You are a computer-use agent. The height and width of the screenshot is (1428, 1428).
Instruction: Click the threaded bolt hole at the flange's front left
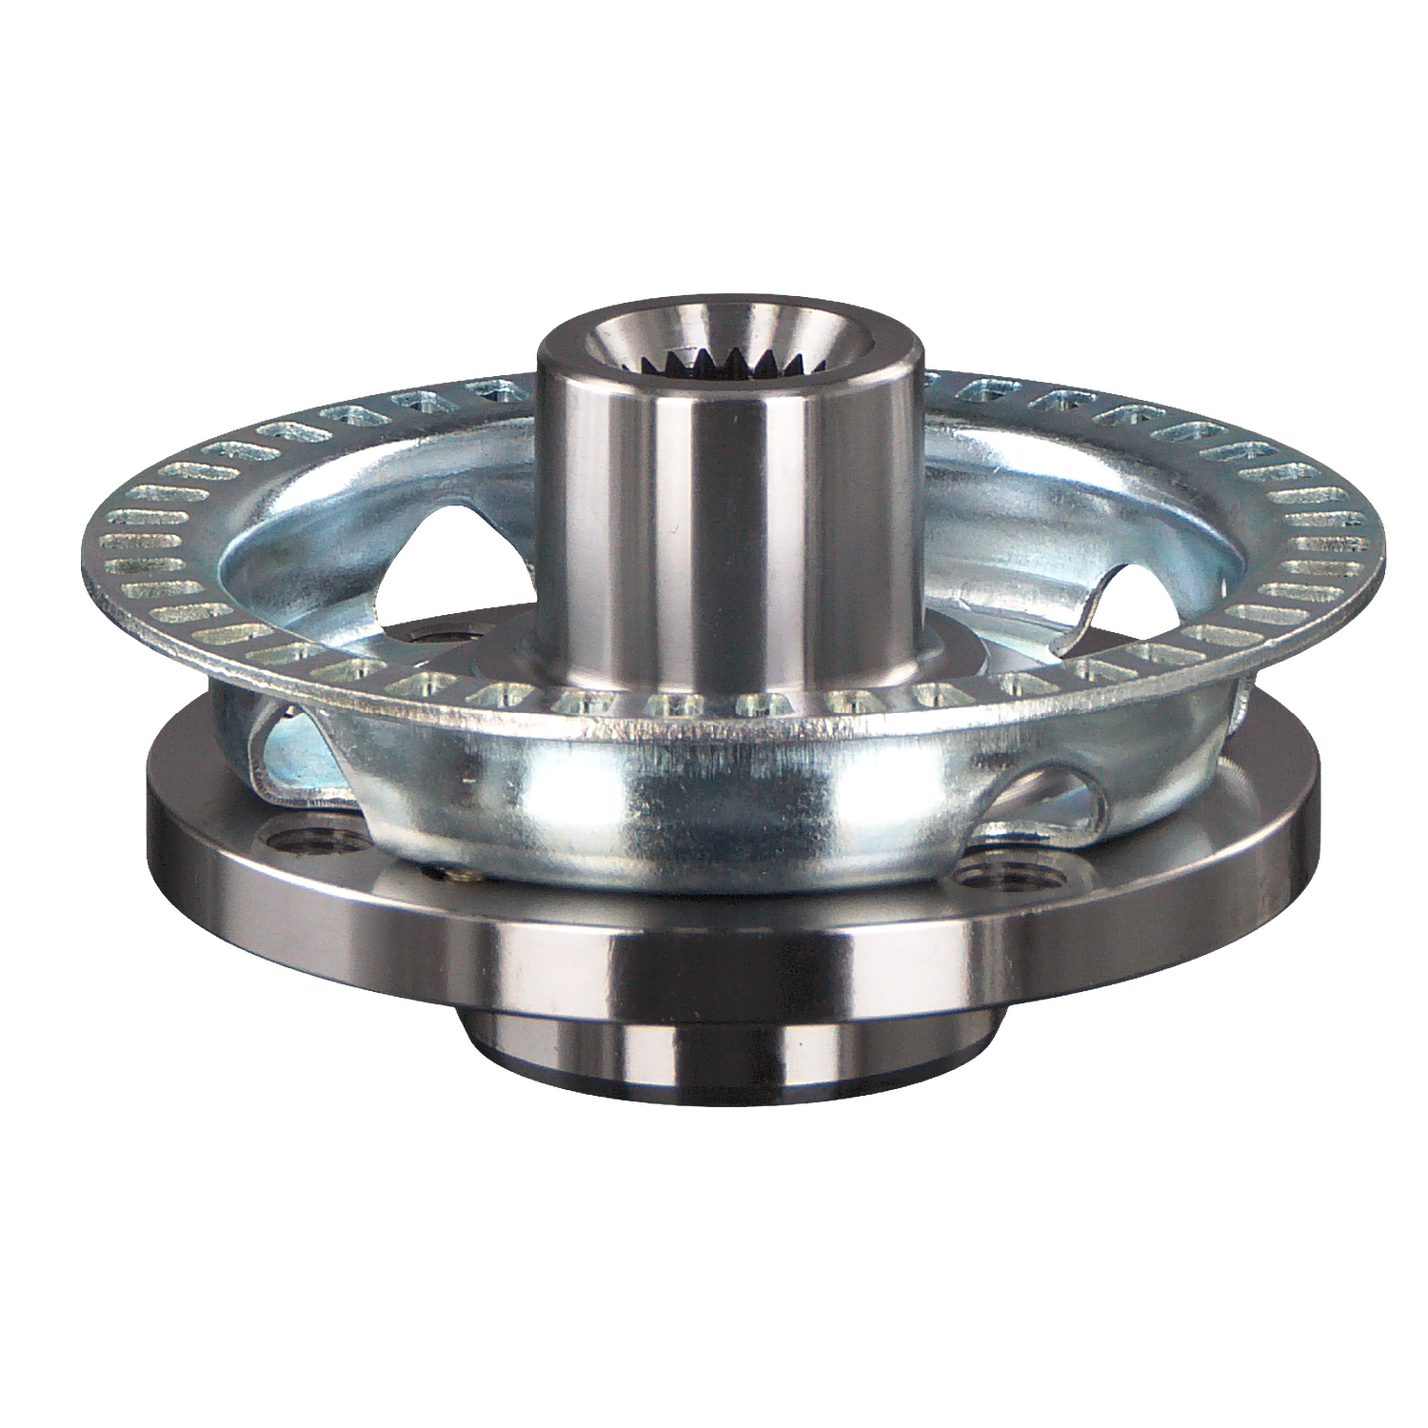point(315,842)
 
